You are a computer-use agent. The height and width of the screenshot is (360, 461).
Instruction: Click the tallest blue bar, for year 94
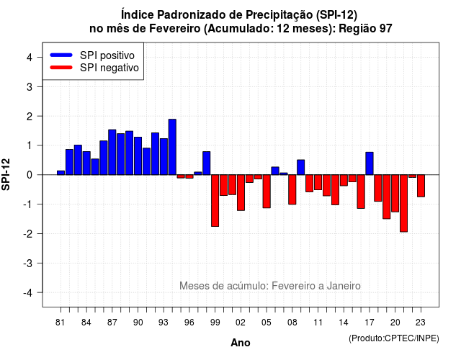click(x=172, y=147)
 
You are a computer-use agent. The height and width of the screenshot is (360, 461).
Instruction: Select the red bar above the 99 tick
click(x=215, y=201)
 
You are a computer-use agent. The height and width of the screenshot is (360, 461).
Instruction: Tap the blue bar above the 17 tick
click(x=370, y=163)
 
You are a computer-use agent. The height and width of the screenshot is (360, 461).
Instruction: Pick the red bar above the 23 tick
click(x=421, y=186)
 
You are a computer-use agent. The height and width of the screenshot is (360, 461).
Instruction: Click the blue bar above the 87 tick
click(x=112, y=152)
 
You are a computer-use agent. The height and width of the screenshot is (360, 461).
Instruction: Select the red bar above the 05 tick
click(x=267, y=192)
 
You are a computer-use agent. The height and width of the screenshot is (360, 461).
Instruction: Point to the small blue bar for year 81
click(x=61, y=173)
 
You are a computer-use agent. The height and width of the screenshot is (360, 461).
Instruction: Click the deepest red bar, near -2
click(x=403, y=203)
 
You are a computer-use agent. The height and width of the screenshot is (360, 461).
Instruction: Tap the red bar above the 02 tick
click(x=241, y=193)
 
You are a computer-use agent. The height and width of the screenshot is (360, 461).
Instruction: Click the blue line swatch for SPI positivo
click(x=61, y=55)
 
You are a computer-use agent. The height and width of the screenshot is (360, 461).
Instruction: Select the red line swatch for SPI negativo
click(x=61, y=67)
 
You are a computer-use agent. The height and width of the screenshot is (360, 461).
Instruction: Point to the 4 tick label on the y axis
click(x=30, y=58)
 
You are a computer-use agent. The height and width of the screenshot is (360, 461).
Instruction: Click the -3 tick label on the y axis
click(x=28, y=264)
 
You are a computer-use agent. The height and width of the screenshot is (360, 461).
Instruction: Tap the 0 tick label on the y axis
click(x=30, y=175)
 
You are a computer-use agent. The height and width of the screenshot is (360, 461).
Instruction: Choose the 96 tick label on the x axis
click(x=189, y=323)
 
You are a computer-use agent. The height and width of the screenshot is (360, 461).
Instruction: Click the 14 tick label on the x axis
click(x=344, y=323)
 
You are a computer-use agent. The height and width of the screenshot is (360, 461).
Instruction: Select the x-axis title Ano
click(x=241, y=343)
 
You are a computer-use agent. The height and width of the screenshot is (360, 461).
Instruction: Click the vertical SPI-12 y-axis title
click(x=6, y=174)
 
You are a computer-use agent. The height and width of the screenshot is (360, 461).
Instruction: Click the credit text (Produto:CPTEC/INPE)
click(x=394, y=338)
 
